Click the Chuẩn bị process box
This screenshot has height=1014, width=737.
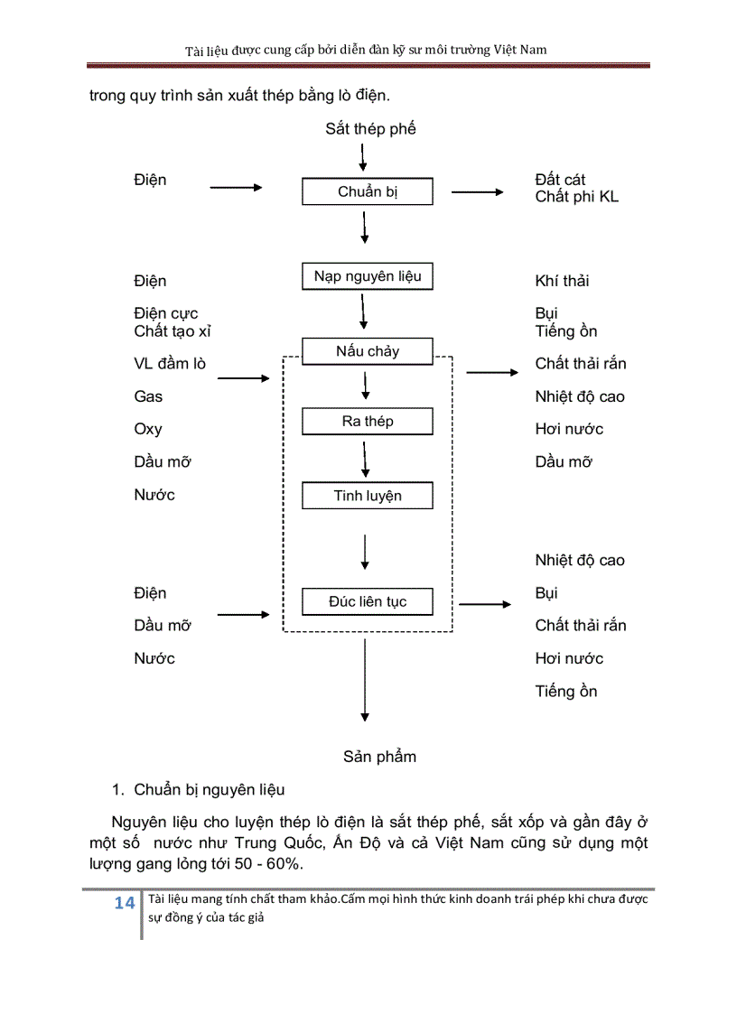[x=368, y=191]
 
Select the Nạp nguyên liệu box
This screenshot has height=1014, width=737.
[x=368, y=276]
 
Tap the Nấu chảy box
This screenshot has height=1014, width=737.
[x=368, y=351]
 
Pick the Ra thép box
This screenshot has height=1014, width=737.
[x=368, y=421]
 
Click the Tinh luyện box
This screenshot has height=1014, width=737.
[x=368, y=496]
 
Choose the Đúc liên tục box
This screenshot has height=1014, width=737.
[x=368, y=601]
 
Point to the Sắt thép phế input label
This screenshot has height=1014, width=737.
[x=370, y=129]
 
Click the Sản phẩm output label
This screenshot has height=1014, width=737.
[x=379, y=757]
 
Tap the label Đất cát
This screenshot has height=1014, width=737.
[x=560, y=180]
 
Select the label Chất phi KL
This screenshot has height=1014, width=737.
[x=576, y=196]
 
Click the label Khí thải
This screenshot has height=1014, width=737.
[x=562, y=281]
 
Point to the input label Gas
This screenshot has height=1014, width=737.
[x=148, y=396]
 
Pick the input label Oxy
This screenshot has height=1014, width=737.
[x=148, y=429]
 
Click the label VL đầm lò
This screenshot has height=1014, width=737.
[x=170, y=364]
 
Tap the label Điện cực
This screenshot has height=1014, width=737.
[x=165, y=314]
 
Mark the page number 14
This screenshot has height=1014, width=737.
[x=124, y=904]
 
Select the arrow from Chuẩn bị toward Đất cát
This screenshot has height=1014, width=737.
[x=477, y=191]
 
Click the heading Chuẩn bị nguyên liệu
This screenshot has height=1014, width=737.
[x=210, y=790]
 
